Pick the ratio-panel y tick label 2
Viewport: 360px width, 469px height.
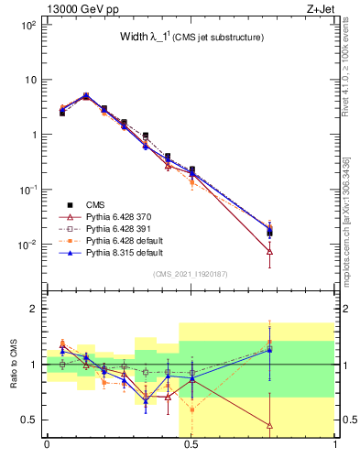32,309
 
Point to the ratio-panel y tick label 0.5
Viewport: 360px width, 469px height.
28,420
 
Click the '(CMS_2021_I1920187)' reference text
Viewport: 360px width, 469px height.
191,274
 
